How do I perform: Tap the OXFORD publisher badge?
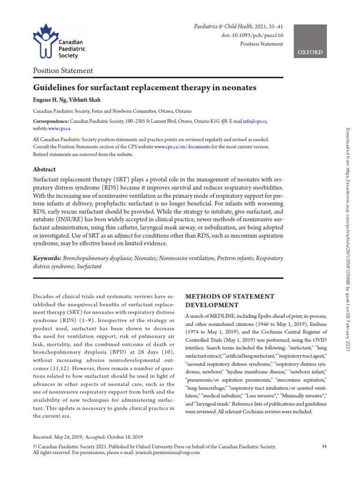pos(310,52)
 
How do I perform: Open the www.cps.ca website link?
pos(60,128)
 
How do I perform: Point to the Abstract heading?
pos(44,169)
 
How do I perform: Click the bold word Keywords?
pos(47,258)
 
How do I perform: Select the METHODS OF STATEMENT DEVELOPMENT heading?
pos(230,300)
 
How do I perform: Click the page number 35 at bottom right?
pos(324,446)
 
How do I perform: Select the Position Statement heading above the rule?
pos(62,71)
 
